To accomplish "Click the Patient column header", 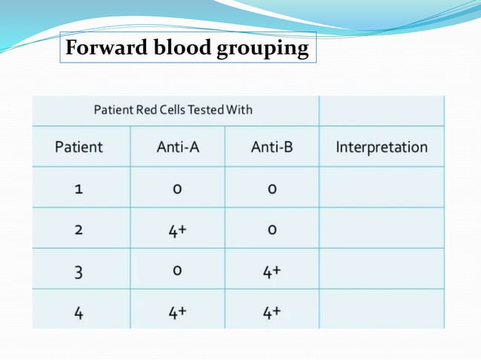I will pos(78,147).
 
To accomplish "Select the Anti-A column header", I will pos(177,147).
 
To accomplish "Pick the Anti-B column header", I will pos(271,147).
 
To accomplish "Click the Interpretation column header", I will pos(381,147).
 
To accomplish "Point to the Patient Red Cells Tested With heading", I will pos(173,110).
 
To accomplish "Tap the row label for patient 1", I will pos(78,188).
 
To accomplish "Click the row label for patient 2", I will pos(78,229).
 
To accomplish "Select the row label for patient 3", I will pos(78,270).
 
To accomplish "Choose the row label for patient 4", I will pos(78,310).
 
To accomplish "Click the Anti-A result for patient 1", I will pos(177,188).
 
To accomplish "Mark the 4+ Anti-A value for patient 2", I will pos(177,229).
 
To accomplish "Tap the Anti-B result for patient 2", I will pos(271,229).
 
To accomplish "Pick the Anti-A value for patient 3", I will pos(177,270).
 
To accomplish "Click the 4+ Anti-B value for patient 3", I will pos(271,270).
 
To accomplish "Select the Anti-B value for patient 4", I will pos(271,310).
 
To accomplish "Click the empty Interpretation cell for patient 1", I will pos(381,188).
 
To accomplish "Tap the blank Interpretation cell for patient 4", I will pos(381,310).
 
